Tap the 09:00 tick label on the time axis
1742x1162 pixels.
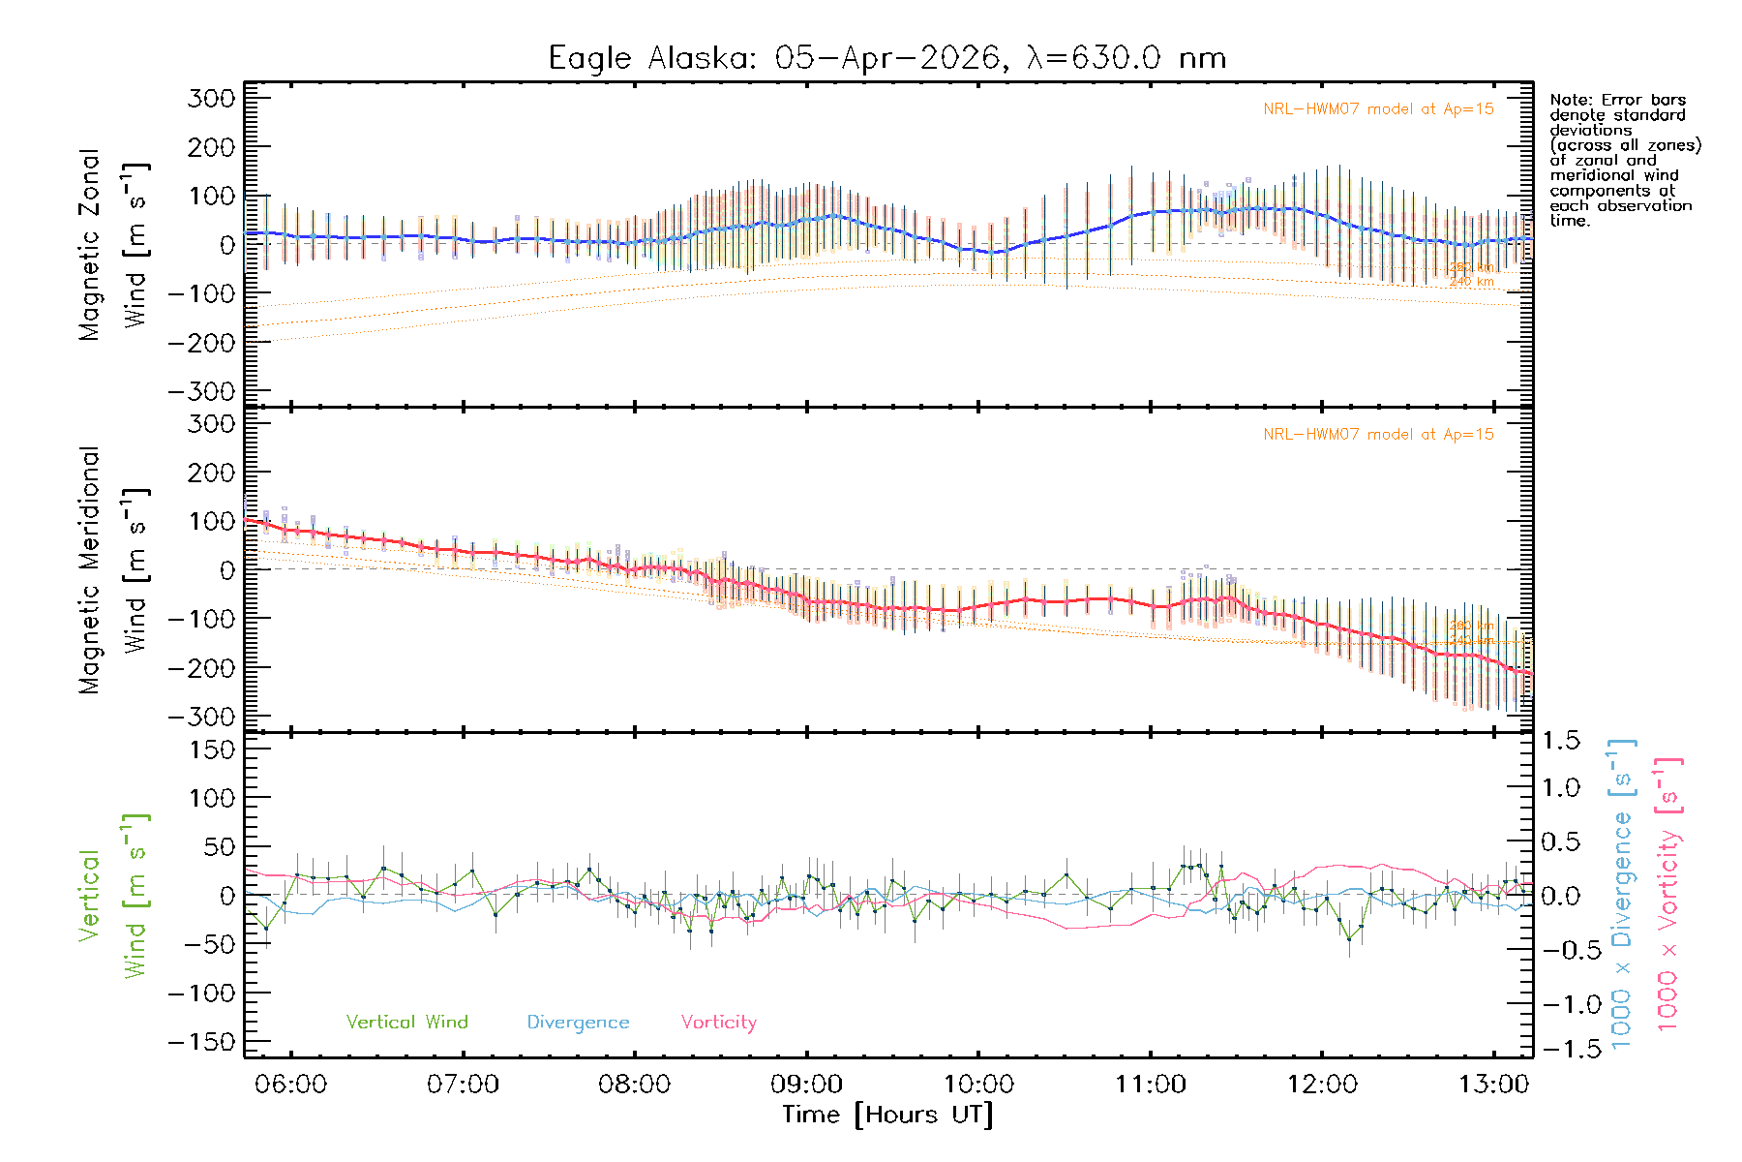(806, 1085)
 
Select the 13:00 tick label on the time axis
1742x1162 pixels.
(1493, 1085)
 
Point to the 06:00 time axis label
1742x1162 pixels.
(290, 1085)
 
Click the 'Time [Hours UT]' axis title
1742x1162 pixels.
(886, 1115)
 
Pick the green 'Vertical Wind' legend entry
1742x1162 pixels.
(406, 1022)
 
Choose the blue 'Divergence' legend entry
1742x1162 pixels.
(578, 1022)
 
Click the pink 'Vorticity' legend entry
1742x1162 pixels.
(718, 1022)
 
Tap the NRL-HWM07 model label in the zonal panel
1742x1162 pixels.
(1377, 109)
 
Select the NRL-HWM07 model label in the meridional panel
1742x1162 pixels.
(1377, 435)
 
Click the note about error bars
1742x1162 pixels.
(1624, 160)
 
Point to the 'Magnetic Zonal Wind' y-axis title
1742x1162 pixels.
(114, 245)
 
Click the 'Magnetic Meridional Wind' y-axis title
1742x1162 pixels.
(114, 570)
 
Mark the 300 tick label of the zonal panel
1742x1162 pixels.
(211, 98)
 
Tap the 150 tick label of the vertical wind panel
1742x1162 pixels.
(211, 749)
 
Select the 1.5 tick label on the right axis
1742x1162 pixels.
(1561, 741)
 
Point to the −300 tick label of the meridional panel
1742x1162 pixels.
(201, 717)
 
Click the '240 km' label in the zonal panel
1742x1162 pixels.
(1471, 282)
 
